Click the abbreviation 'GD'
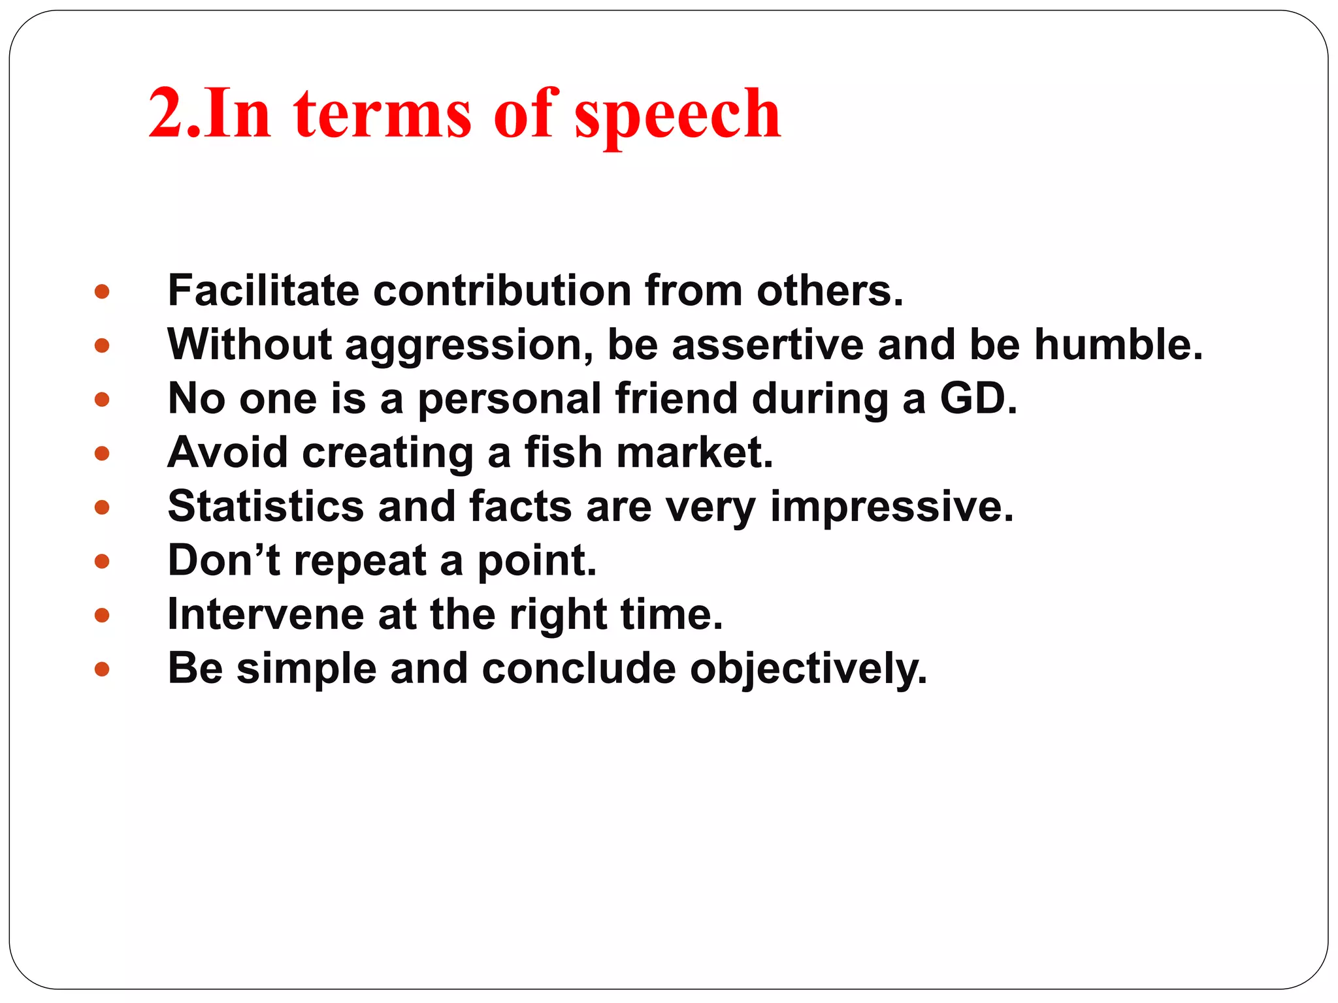point(973,398)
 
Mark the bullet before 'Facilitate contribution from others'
point(102,291)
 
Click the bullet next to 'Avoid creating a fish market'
point(102,453)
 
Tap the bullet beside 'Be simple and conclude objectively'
point(102,669)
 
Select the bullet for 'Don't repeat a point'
point(102,561)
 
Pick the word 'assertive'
point(768,345)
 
